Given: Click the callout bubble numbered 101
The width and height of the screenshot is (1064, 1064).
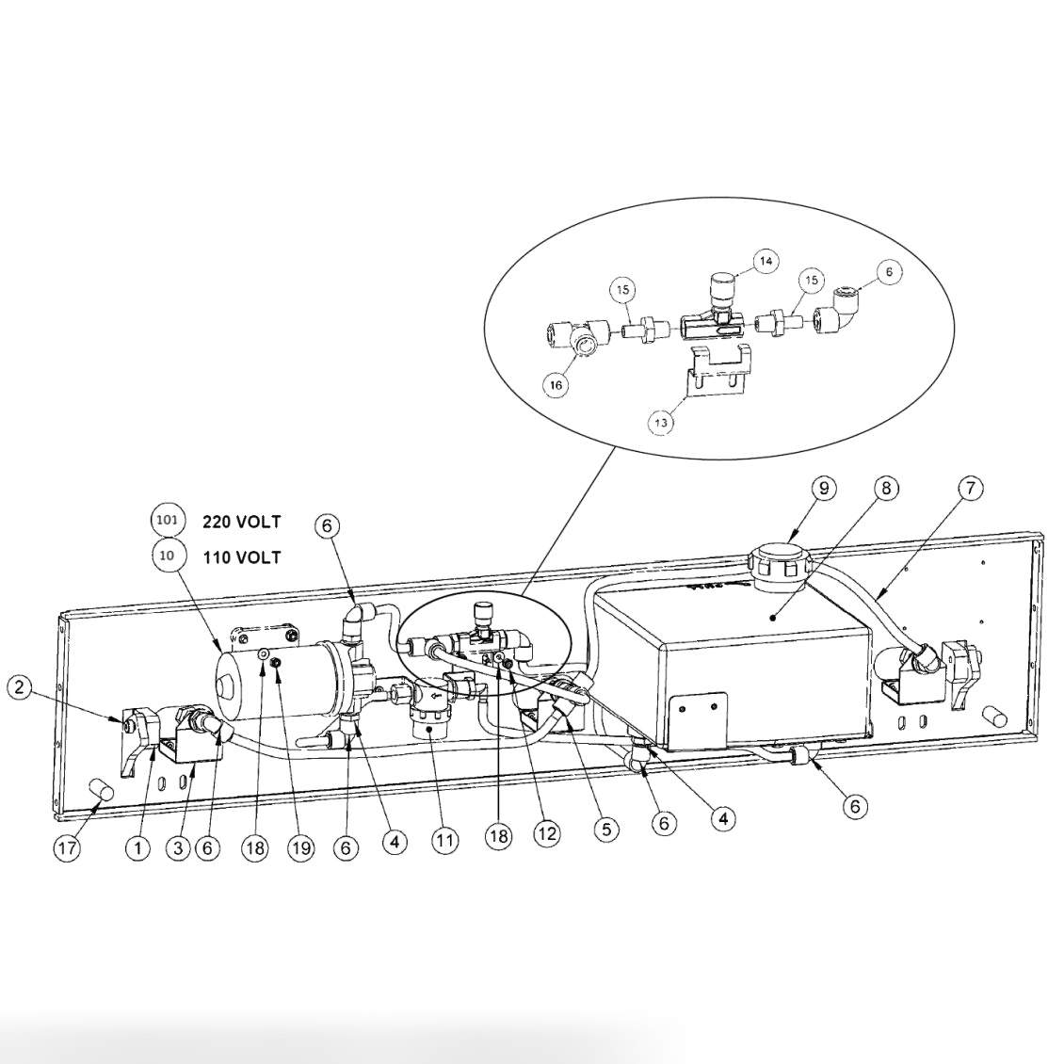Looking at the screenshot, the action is coord(168,521).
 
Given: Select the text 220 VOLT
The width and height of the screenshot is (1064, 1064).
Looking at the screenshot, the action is coord(242,522).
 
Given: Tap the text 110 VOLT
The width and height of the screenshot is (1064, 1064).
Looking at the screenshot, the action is coord(242,557).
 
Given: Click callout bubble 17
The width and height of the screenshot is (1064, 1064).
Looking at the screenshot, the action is coord(67,847).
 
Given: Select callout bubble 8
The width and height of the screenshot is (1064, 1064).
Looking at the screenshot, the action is coord(886,489).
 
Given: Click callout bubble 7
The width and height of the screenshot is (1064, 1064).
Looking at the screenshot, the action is coord(971,488).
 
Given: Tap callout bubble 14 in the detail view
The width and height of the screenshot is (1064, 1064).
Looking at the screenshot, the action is coord(766,261).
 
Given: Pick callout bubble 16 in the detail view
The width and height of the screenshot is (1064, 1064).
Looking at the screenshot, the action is coord(556,385).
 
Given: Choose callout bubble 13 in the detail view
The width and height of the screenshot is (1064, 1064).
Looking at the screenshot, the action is coord(661,423).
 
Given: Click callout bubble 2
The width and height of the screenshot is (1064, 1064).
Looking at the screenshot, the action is coord(20,687).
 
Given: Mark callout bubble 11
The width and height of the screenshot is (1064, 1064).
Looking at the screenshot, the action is coord(444,842).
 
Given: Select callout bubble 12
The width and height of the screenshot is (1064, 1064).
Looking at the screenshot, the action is coord(547,833).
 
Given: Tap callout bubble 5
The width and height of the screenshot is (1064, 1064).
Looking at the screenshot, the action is coord(606,829).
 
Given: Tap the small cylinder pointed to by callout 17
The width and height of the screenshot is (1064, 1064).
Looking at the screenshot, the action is coord(100,791).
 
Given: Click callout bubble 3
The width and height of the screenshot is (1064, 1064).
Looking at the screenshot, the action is coord(178,848).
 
